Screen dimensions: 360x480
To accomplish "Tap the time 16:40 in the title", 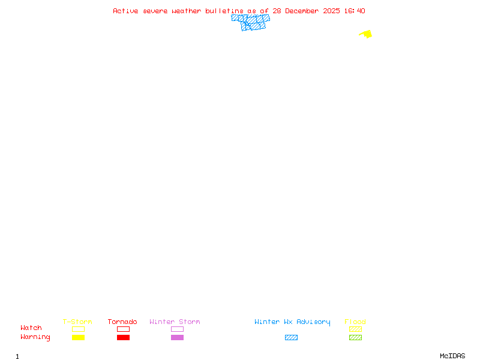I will click(356, 11).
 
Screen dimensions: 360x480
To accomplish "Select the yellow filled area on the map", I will click(367, 34).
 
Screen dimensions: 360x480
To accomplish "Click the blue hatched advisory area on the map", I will click(252, 22).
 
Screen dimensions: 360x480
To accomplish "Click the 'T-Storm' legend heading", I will click(77, 322).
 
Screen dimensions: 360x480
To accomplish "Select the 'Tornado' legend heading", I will click(122, 322).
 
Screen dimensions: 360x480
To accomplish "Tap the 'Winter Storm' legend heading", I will click(175, 322).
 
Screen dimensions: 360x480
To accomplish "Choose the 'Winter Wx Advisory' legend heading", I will click(292, 322).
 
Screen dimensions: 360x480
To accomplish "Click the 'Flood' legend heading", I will click(355, 322).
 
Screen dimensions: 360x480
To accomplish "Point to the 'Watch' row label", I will click(31, 328).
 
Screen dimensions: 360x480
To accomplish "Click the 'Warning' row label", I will click(35, 337).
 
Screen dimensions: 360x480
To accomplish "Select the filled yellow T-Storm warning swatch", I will click(78, 338).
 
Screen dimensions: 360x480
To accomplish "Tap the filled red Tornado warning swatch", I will click(123, 338).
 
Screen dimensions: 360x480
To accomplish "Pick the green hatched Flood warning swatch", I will click(355, 338).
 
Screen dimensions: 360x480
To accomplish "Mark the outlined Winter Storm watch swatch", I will click(177, 329).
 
